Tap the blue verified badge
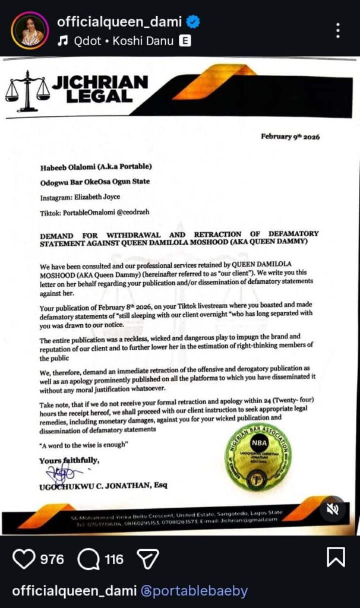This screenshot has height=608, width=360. pos(192,23)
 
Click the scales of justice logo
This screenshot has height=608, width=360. pos(27,90)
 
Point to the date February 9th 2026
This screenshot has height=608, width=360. pos(290,137)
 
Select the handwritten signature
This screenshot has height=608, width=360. pos(62,473)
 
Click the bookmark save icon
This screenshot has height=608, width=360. pos(336,558)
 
